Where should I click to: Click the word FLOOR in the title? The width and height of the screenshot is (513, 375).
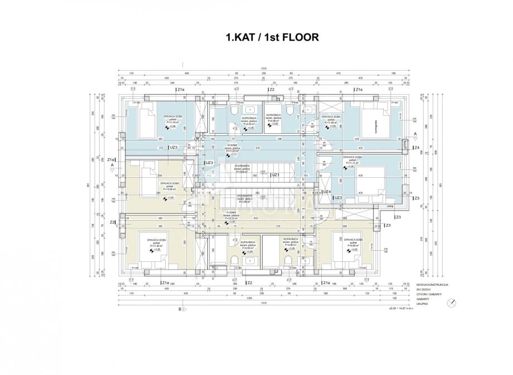point(298,38)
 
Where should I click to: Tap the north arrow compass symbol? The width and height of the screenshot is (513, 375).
point(452,303)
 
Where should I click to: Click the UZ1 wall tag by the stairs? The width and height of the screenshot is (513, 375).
point(275,174)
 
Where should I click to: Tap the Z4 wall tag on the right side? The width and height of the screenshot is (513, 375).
point(417,148)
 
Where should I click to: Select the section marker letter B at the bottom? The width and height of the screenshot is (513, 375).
point(180,308)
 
